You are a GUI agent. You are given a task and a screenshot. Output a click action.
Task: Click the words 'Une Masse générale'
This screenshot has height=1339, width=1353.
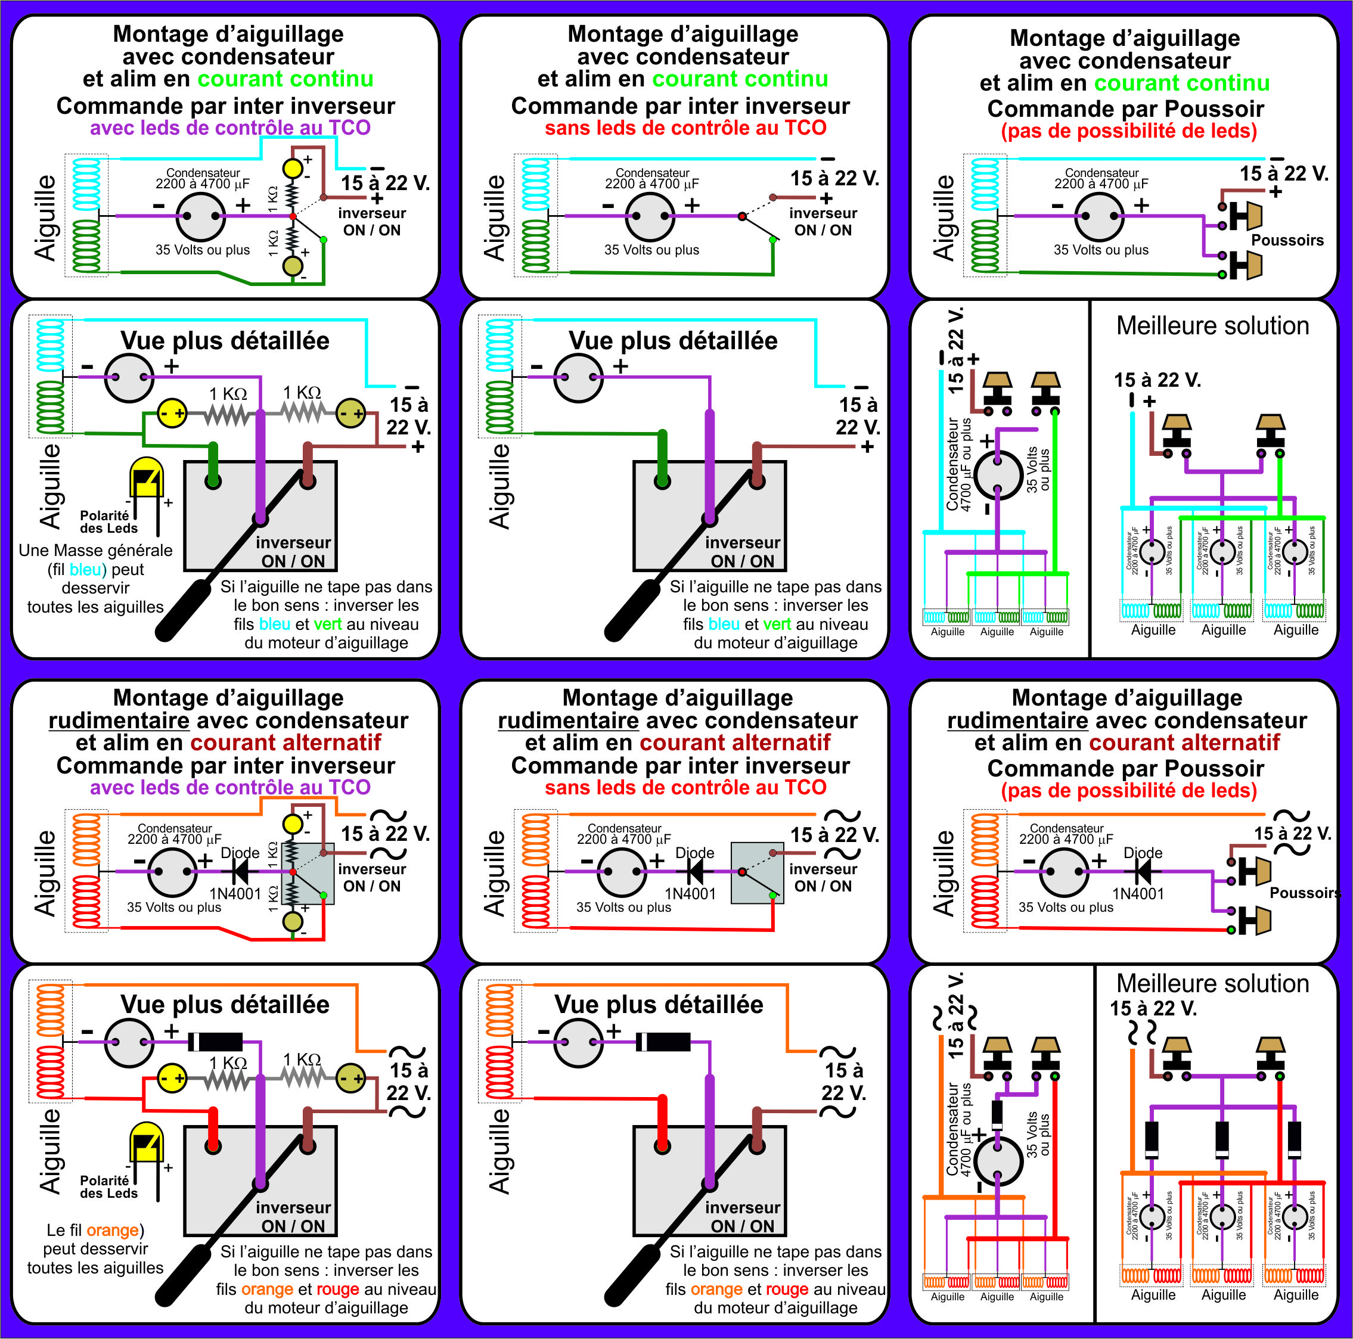click(x=95, y=551)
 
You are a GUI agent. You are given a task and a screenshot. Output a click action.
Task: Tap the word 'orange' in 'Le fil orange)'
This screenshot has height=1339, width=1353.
click(x=112, y=1230)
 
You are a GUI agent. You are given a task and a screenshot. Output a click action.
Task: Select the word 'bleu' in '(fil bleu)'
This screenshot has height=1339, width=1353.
click(x=85, y=569)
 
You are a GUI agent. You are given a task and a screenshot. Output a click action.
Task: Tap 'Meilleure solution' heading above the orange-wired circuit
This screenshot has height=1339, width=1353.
click(x=1212, y=983)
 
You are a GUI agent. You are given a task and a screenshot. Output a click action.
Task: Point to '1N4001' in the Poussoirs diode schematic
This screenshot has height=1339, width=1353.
click(x=1138, y=894)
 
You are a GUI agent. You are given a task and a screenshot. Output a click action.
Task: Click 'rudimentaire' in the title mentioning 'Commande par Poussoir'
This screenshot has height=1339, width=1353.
click(x=1017, y=720)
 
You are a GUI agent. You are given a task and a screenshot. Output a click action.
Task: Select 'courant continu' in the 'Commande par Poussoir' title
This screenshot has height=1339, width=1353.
click(x=1181, y=83)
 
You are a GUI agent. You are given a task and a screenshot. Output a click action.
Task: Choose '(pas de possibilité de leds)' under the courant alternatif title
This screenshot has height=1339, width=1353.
click(x=1128, y=790)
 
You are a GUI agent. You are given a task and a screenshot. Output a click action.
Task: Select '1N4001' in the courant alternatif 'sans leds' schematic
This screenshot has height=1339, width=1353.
click(x=690, y=894)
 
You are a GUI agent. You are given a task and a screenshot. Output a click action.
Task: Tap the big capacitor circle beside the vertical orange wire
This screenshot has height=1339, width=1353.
click(x=997, y=1160)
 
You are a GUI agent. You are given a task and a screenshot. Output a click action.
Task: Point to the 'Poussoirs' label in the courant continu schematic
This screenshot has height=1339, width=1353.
click(x=1287, y=240)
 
